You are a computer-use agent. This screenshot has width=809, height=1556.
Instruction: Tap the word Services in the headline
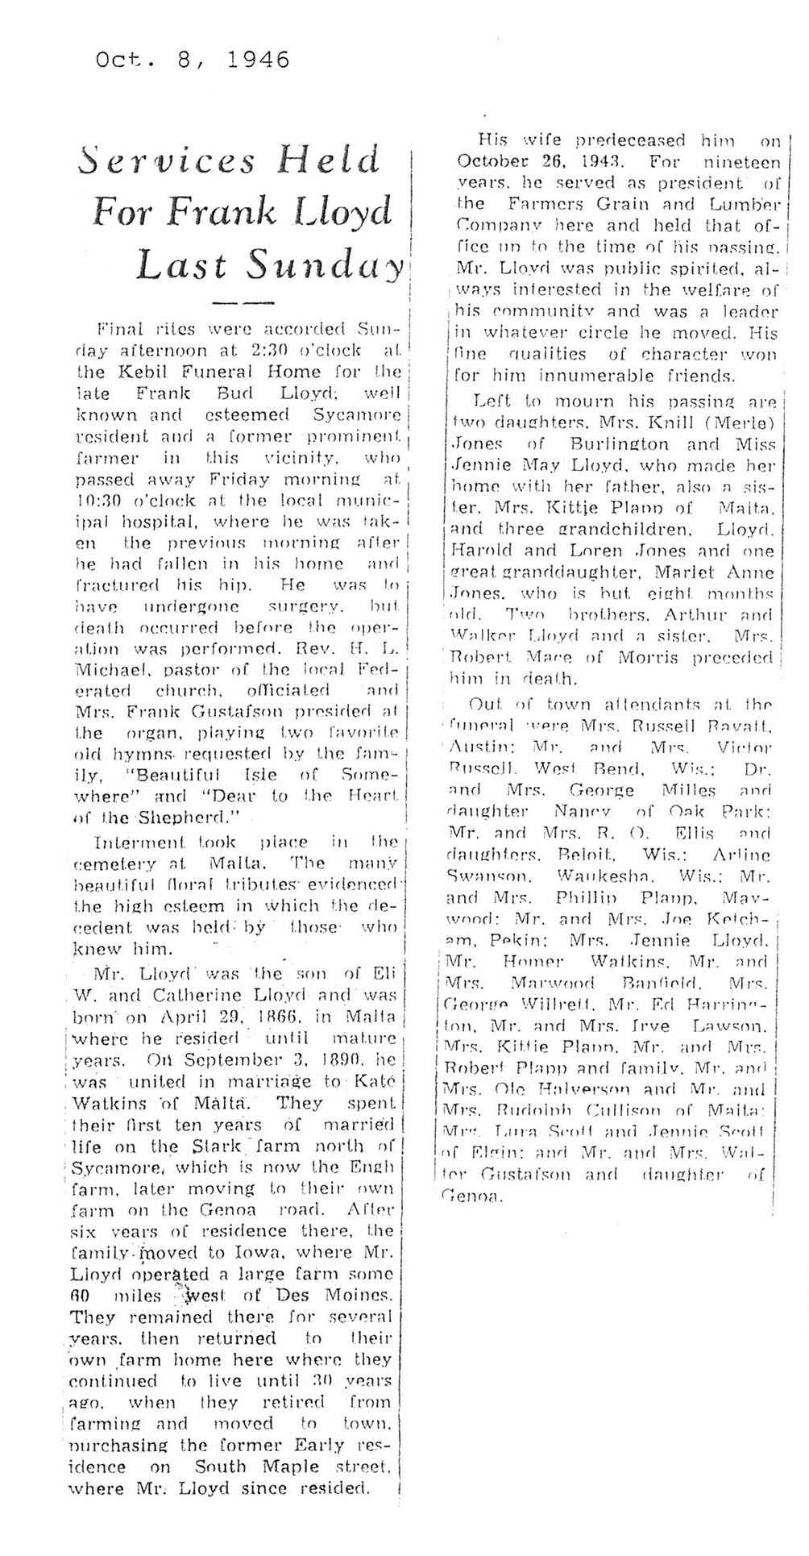coord(168,161)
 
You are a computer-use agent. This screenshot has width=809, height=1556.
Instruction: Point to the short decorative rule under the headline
coord(242,303)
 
